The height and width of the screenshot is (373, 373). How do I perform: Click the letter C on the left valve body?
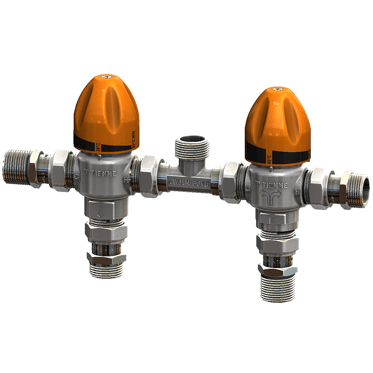pyautogui.click(x=77, y=176)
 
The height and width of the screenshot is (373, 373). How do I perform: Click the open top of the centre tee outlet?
pyautogui.click(x=192, y=139)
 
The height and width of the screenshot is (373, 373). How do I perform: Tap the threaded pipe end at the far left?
pyautogui.click(x=16, y=167)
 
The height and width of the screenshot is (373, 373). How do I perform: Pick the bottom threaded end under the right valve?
pyautogui.click(x=278, y=290)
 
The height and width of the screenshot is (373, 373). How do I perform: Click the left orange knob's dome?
pyautogui.click(x=106, y=109)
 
